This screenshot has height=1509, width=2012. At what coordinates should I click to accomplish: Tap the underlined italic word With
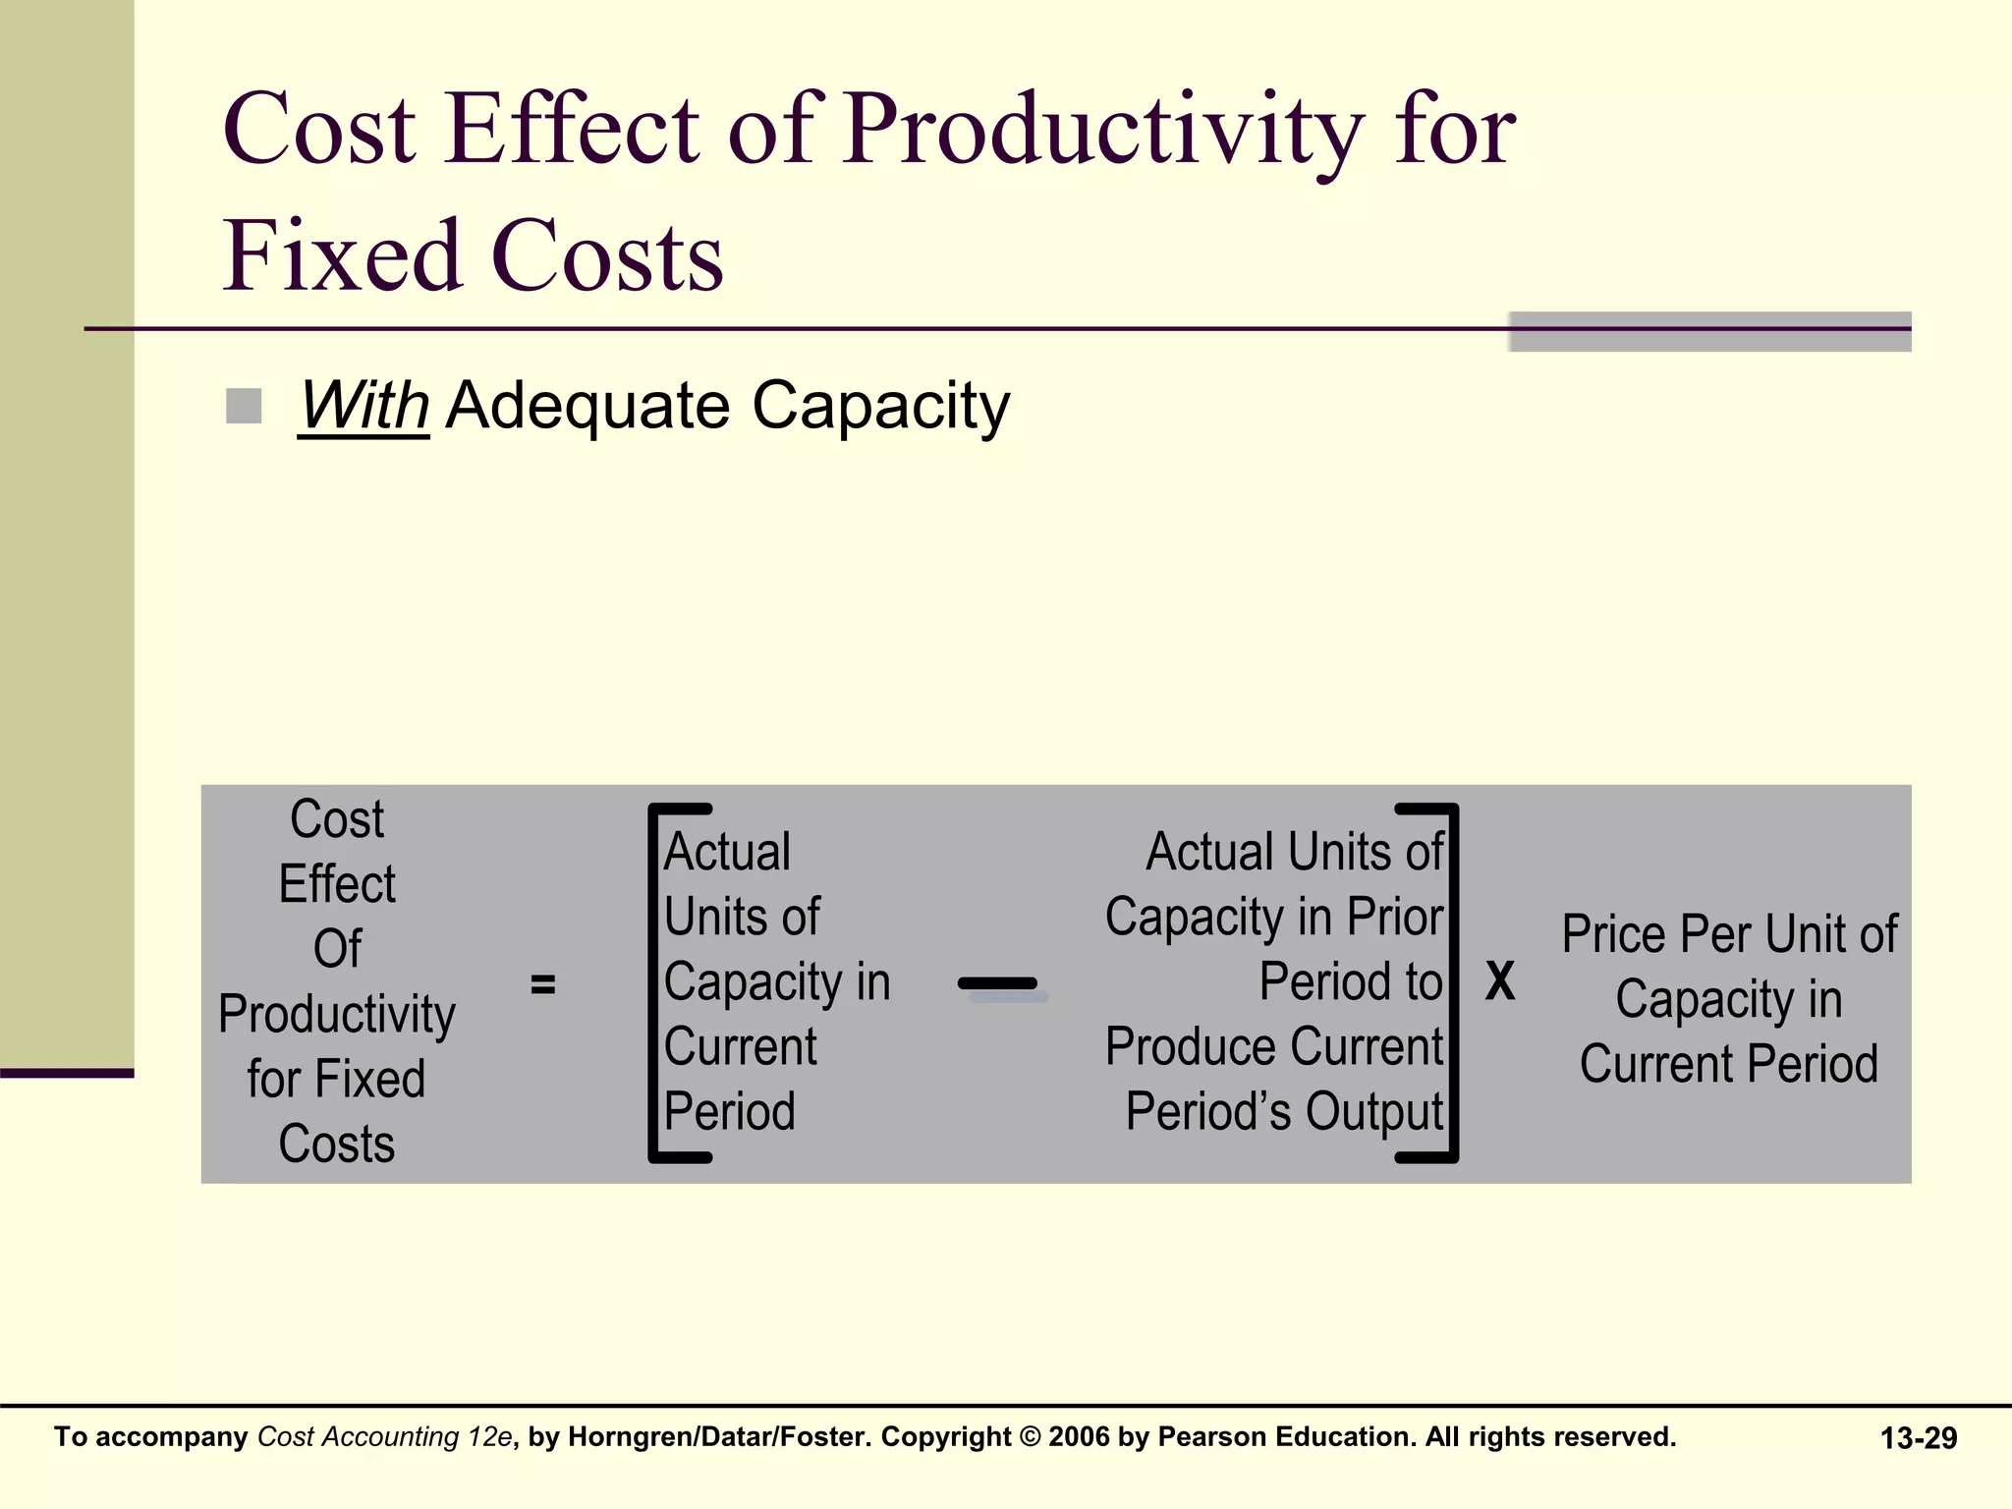[363, 405]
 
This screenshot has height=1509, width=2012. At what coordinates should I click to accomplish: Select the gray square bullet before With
[244, 406]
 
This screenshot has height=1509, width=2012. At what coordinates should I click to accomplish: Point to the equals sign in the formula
[543, 983]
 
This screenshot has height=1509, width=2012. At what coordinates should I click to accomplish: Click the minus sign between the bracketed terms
[998, 983]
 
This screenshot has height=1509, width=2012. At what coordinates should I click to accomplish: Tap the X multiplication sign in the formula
[1500, 981]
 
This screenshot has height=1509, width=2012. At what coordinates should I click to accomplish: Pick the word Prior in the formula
[1395, 918]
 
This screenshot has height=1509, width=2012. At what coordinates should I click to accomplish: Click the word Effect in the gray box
[337, 884]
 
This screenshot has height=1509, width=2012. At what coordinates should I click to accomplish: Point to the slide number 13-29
[1918, 1439]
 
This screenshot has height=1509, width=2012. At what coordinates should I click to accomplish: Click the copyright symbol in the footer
[1030, 1437]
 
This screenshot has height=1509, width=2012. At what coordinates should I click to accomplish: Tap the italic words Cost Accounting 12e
[384, 1437]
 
